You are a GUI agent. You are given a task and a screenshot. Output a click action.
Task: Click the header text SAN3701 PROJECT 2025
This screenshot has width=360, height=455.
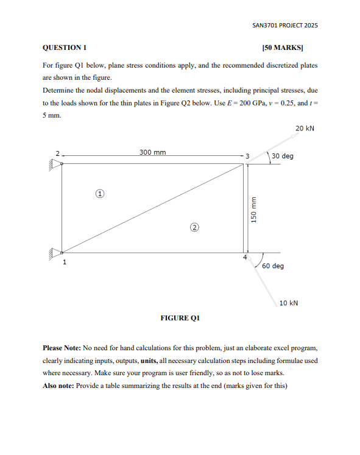pos(284,26)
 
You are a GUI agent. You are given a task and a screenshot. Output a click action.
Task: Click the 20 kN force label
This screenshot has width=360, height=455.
pos(305,129)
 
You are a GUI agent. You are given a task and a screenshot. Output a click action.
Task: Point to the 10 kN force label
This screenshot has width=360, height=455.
pos(289,303)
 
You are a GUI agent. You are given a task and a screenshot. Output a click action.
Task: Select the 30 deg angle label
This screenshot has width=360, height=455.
pos(283,156)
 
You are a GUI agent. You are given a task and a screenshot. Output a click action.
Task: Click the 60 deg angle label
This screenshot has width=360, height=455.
pos(273,266)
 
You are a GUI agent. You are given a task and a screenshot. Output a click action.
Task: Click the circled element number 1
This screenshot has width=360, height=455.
pos(99,194)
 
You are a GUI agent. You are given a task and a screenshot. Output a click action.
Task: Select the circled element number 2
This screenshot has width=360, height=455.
pos(194,228)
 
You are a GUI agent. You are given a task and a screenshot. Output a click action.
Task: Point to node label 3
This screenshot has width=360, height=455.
pos(247,157)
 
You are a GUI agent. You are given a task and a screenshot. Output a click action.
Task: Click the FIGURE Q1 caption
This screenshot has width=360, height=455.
pos(180,318)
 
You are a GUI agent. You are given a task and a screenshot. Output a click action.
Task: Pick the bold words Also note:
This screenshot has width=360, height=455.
pos(58,386)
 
